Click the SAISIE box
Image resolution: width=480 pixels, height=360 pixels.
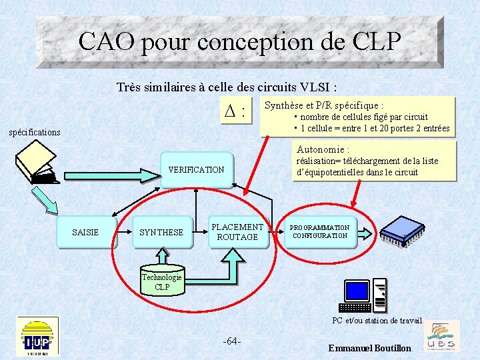(86, 232)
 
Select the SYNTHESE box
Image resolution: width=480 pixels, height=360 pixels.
(161, 232)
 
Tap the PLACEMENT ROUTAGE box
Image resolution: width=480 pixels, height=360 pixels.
(237, 232)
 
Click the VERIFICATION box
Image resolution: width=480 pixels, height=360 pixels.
(196, 170)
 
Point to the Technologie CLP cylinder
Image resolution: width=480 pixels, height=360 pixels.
(162, 281)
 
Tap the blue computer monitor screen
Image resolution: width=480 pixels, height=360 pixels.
(357, 291)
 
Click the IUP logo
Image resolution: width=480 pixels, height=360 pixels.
(37, 336)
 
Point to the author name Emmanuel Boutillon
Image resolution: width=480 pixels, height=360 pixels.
(370, 348)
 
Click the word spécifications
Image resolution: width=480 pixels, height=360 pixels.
(35, 132)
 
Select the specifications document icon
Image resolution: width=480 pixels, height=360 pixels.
(37, 163)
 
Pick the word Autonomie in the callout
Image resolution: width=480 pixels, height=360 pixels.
(320, 149)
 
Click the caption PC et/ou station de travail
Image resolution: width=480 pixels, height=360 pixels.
(377, 321)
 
